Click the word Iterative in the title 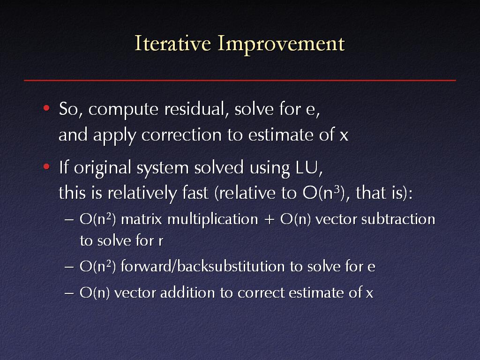[x=173, y=43]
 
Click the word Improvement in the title [x=281, y=45]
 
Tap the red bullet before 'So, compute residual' [x=46, y=108]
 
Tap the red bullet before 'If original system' [x=46, y=166]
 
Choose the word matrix [x=142, y=219]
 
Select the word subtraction [x=398, y=219]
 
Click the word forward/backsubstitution [x=202, y=266]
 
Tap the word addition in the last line [x=187, y=292]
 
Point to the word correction [x=181, y=135]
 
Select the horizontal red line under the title [x=240, y=80]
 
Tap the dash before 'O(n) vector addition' [x=69, y=293]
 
